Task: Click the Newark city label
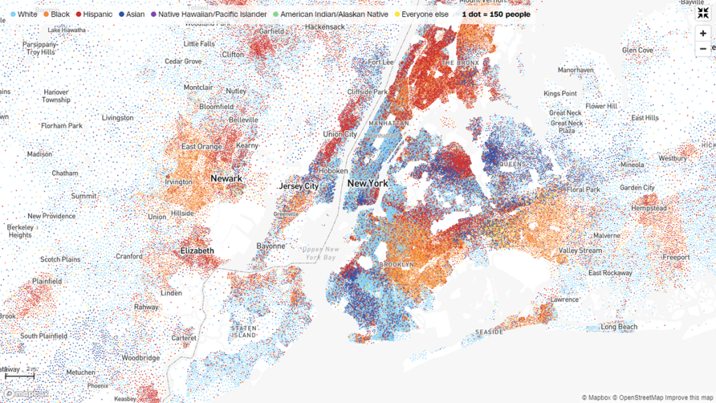226,178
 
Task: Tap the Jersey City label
299,186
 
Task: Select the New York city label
367,183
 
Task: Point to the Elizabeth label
197,250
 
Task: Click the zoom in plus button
703,33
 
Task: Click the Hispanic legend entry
93,14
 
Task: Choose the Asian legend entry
131,14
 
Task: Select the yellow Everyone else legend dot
396,14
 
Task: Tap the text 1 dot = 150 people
496,14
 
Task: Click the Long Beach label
619,327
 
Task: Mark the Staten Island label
245,332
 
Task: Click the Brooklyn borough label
396,264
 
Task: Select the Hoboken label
333,171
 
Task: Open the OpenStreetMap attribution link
638,397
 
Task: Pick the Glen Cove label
637,50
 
